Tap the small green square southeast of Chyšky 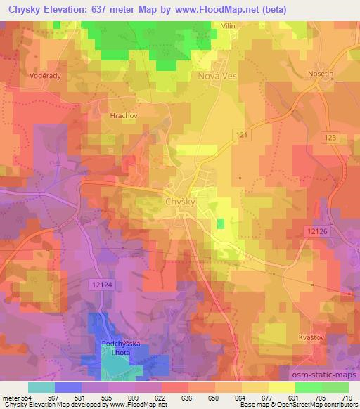(x=221, y=223)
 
